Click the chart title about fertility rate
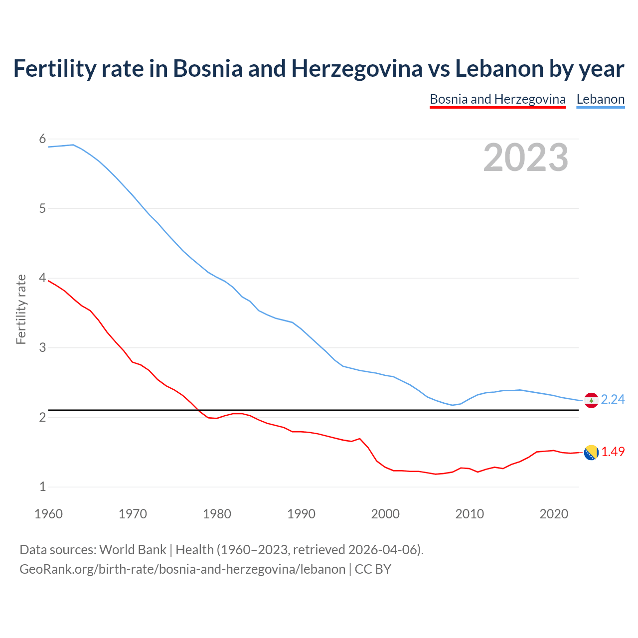[319, 68]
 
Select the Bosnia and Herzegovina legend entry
[497, 99]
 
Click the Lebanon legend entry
[600, 99]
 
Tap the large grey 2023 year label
[525, 158]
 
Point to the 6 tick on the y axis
[42, 139]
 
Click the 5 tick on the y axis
[42, 208]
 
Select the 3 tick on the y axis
[42, 347]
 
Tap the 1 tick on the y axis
[42, 486]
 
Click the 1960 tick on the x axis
[48, 514]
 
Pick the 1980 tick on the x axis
[217, 514]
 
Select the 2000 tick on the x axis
[385, 514]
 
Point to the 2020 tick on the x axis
[554, 514]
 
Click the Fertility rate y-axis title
[21, 309]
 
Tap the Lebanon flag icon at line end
[591, 400]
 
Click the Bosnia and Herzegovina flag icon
[591, 453]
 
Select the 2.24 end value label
[613, 400]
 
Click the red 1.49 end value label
[613, 452]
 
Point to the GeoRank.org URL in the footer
[182, 569]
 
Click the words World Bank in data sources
[133, 550]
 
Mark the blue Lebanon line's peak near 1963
[73, 145]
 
